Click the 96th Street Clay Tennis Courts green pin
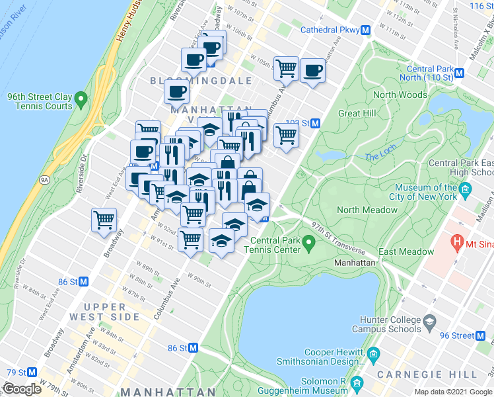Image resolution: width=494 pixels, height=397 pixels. click(81, 101)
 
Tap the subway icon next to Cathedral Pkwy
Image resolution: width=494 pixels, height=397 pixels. click(365, 30)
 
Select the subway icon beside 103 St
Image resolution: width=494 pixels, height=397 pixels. click(316, 124)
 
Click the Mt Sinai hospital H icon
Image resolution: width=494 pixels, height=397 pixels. click(456, 242)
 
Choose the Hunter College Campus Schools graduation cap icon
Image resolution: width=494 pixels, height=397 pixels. click(429, 324)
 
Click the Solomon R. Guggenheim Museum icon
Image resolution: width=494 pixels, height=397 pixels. click(357, 384)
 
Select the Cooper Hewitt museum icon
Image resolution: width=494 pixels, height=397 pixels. click(374, 352)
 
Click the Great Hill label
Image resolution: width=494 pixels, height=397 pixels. click(357, 113)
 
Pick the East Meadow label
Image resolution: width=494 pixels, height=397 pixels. click(406, 251)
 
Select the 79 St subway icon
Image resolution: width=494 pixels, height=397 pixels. click(32, 373)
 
